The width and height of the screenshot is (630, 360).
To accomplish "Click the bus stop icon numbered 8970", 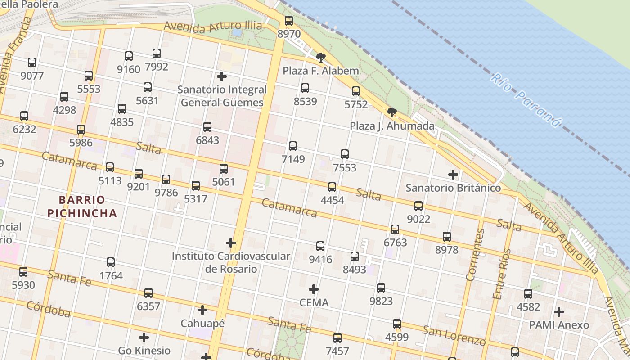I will (x=289, y=20).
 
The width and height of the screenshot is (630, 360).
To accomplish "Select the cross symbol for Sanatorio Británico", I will (x=453, y=175).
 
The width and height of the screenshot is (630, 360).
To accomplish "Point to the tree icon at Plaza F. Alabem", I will (x=320, y=57).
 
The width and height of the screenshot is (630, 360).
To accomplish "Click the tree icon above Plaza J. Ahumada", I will (x=392, y=112).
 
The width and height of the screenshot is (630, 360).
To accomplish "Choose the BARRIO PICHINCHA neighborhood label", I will (x=82, y=207).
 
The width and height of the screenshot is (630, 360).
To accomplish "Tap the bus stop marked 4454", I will (x=332, y=187).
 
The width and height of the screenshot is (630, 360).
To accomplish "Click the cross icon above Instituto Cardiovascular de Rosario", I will (x=231, y=243).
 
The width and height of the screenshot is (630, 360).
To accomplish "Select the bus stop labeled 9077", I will (x=32, y=63).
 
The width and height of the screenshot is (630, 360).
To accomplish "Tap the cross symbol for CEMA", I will (x=314, y=289).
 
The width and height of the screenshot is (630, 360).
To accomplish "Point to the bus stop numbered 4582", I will (x=528, y=294).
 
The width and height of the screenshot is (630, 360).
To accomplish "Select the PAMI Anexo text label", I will (x=558, y=325).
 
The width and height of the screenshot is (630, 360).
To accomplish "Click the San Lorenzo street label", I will (x=454, y=335).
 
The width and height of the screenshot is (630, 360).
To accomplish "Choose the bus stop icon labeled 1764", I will (x=111, y=262).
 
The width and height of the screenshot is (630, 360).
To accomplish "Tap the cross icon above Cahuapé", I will (x=202, y=310).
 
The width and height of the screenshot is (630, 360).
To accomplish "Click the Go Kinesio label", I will (x=144, y=350).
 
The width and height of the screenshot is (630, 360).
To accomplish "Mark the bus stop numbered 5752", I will (x=356, y=91).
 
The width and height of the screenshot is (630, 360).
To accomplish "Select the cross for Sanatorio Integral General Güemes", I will (x=221, y=76).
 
